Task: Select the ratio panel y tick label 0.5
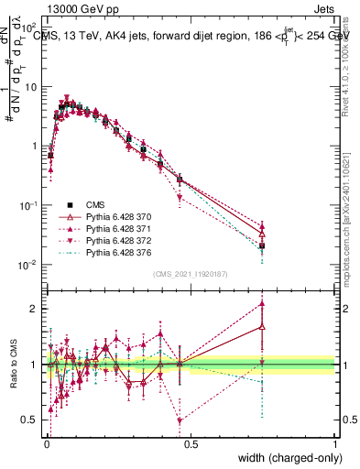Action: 32,420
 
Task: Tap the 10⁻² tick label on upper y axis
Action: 30,265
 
